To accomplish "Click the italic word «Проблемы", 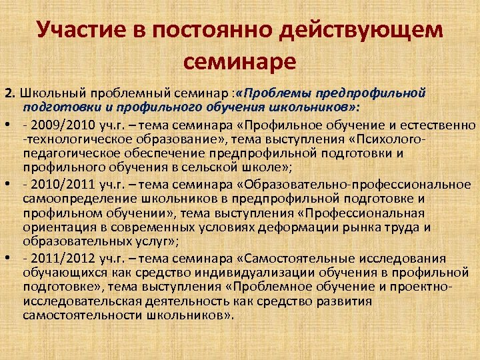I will point(279,93).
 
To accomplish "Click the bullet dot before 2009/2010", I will point(7,125).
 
